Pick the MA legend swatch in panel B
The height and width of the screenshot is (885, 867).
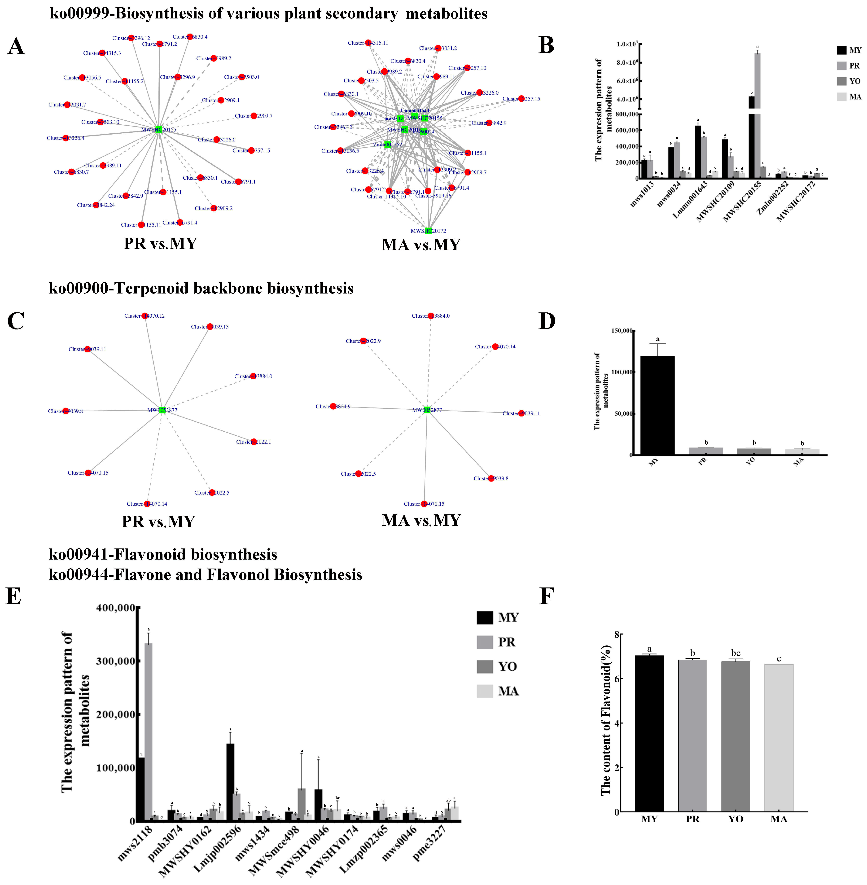[x=841, y=96]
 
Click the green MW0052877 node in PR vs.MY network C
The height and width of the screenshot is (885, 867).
[x=162, y=410]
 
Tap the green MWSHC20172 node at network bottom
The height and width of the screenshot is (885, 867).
[x=428, y=230]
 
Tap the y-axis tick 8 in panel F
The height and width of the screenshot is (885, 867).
[x=617, y=635]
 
